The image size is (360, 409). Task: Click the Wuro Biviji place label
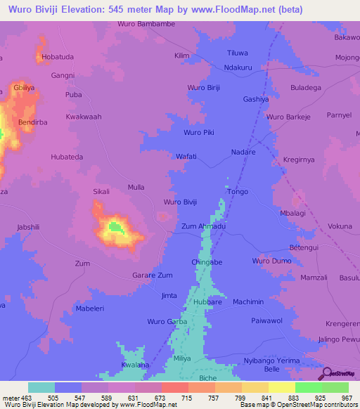(181, 202)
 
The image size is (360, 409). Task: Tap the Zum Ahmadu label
(203, 226)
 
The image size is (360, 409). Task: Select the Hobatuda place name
(58, 56)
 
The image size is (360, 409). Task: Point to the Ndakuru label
(238, 67)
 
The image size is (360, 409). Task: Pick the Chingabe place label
(207, 261)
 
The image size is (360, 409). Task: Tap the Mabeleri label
(89, 308)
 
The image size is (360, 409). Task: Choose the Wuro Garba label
(167, 321)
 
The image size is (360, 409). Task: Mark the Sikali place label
(102, 190)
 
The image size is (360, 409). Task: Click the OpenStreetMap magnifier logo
(325, 373)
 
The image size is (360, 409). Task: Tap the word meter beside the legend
(11, 397)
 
